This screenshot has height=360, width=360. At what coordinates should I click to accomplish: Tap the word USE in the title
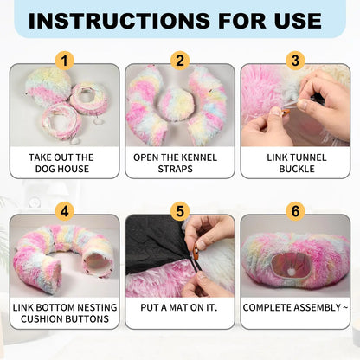point(298,21)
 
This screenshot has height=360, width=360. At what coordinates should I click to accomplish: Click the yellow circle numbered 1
point(65,61)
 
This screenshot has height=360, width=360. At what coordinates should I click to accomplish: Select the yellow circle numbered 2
point(180,61)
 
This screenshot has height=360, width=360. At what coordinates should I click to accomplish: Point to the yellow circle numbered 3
point(295,61)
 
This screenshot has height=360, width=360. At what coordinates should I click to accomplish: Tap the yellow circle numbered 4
point(65,211)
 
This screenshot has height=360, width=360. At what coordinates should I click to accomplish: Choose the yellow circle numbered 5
point(180,211)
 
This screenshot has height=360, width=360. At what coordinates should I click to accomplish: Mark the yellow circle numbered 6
point(295,211)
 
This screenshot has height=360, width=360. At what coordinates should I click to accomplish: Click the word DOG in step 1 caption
point(45,169)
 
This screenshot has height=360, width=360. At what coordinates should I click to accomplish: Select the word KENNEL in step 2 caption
point(199,157)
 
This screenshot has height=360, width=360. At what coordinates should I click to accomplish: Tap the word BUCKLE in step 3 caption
point(297,169)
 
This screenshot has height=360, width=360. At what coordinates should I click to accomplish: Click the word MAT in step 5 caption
point(179,307)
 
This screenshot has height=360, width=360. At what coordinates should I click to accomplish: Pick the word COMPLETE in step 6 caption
point(265,307)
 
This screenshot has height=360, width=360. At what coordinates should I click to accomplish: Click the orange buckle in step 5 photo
point(196,252)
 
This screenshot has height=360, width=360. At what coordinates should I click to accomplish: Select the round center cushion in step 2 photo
point(176,105)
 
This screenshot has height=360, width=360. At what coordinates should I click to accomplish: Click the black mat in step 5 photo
point(154,242)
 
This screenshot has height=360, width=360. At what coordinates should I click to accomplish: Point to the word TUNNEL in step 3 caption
point(308,157)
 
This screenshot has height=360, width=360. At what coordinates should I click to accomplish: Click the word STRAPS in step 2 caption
point(176,169)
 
